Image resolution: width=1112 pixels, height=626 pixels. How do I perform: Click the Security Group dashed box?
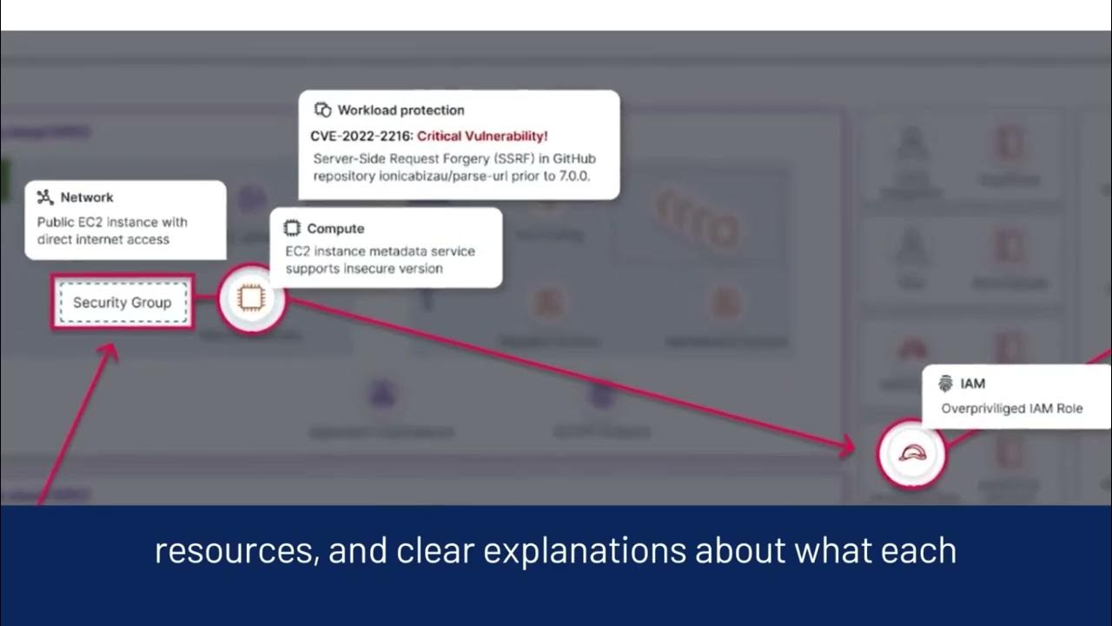(122, 303)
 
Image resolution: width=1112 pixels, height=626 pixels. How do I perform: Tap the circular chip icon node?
(251, 299)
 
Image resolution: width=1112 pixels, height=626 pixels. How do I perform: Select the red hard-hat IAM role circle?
(911, 453)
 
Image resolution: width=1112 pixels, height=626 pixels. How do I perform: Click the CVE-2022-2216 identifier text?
(361, 136)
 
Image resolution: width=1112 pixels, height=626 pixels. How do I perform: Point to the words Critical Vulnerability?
(483, 136)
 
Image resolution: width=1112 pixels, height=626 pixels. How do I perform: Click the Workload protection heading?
(400, 110)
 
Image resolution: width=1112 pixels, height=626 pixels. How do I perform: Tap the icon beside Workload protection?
(323, 110)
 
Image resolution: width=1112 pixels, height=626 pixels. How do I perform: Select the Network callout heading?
(87, 197)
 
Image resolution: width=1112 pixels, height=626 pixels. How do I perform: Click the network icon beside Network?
(45, 197)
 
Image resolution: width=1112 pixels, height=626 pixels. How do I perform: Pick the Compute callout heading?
(335, 229)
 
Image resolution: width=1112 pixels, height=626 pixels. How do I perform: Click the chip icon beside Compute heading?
(293, 229)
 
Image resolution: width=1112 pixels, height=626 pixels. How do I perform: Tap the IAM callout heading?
(972, 383)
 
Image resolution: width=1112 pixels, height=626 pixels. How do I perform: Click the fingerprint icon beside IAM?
(946, 383)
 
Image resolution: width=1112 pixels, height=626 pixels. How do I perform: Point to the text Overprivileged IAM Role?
(1012, 409)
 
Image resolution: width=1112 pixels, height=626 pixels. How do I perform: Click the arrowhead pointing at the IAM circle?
(849, 448)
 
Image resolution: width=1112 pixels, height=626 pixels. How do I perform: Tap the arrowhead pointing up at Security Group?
(110, 351)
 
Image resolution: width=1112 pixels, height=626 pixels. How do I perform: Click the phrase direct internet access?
(103, 239)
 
